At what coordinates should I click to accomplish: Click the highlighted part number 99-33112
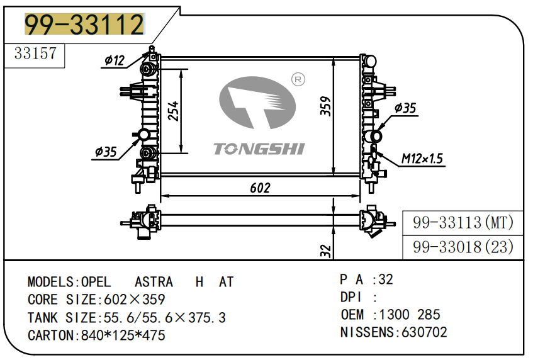coord(84,25)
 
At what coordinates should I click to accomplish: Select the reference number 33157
coord(35,54)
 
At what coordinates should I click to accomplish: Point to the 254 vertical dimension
coord(174,111)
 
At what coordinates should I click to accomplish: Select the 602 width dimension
coord(260,188)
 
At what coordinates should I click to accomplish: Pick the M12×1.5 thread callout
coord(422,159)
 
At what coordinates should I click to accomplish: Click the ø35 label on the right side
coord(405,108)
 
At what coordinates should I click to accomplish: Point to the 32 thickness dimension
coord(325,250)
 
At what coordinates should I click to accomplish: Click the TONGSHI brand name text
coord(259,149)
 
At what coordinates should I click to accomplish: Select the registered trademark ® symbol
coord(298,79)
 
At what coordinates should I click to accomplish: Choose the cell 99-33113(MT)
coord(463,222)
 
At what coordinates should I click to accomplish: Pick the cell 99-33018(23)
coord(463,247)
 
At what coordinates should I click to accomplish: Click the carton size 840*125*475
coord(123,335)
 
